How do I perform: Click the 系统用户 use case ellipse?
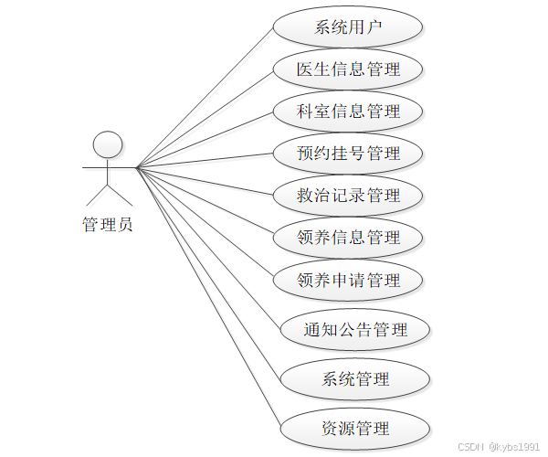point(348,27)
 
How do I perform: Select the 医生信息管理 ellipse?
point(348,69)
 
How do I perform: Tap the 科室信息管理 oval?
point(348,112)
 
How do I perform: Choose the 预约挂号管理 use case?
point(348,154)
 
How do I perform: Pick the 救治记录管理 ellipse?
point(348,196)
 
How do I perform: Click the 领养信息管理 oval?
point(348,238)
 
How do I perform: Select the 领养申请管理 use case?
point(348,280)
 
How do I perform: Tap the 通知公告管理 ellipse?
point(355,330)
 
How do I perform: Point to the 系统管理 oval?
point(355,379)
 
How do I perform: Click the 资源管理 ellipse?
point(355,429)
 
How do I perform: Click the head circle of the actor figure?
point(109,143)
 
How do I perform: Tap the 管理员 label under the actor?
point(108,225)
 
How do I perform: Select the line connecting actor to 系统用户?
point(205,96)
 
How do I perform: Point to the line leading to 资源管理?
point(208,298)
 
